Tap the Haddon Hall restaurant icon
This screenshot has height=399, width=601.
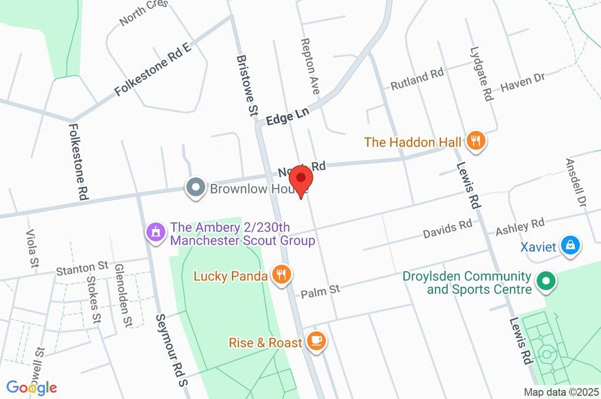pos(475,141)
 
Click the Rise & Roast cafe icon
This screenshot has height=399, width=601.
pos(316,342)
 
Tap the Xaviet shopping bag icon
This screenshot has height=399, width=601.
pos(570,246)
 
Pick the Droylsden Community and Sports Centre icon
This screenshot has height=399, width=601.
pos(547,282)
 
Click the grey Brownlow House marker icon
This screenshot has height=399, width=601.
pos(195,188)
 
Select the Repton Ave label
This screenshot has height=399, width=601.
pos(309,66)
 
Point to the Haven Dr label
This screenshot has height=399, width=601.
pos(522,83)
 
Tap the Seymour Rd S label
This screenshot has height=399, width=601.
pos(170,350)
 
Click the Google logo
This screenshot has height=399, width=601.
pos(32,387)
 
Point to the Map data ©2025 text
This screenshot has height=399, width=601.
pos(561,392)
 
